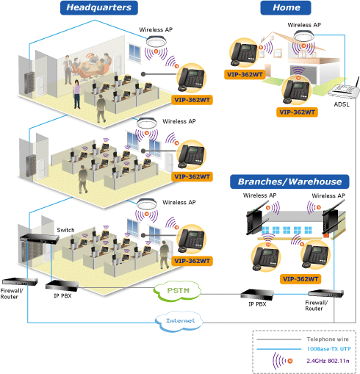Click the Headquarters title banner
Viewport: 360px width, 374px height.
click(x=99, y=7)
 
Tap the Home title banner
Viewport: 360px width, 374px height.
click(x=286, y=7)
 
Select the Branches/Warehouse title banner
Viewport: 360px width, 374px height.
click(x=289, y=181)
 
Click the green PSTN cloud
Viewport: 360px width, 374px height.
click(x=177, y=291)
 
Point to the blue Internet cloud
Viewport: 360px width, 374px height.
click(x=179, y=321)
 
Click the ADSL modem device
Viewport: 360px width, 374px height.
click(x=344, y=90)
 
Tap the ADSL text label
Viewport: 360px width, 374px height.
click(x=342, y=104)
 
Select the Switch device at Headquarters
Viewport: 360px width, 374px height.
click(x=40, y=238)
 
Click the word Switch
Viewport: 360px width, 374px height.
click(x=65, y=230)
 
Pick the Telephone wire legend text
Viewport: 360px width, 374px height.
click(x=328, y=339)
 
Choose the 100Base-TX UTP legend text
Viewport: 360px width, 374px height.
click(x=328, y=349)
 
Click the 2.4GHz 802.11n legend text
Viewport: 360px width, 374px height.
click(x=328, y=361)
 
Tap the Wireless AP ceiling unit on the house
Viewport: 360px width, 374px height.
click(x=303, y=36)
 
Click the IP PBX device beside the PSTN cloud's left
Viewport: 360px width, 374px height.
click(x=62, y=286)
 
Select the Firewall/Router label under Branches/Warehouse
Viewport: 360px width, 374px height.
click(x=316, y=306)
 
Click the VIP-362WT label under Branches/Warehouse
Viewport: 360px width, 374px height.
click(x=300, y=279)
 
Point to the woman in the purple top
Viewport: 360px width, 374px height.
click(x=77, y=94)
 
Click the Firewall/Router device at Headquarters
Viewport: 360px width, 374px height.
click(x=20, y=281)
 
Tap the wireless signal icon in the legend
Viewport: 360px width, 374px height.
click(x=282, y=361)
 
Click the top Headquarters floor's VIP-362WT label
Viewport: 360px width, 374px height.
click(x=192, y=100)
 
